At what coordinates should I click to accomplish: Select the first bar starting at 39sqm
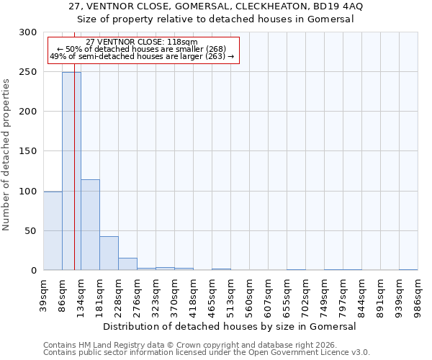pyautogui.click(x=53, y=230)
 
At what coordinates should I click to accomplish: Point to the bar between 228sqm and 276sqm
pyautogui.click(x=127, y=264)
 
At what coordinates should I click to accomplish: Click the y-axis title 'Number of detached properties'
pyautogui.click(x=6, y=155)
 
